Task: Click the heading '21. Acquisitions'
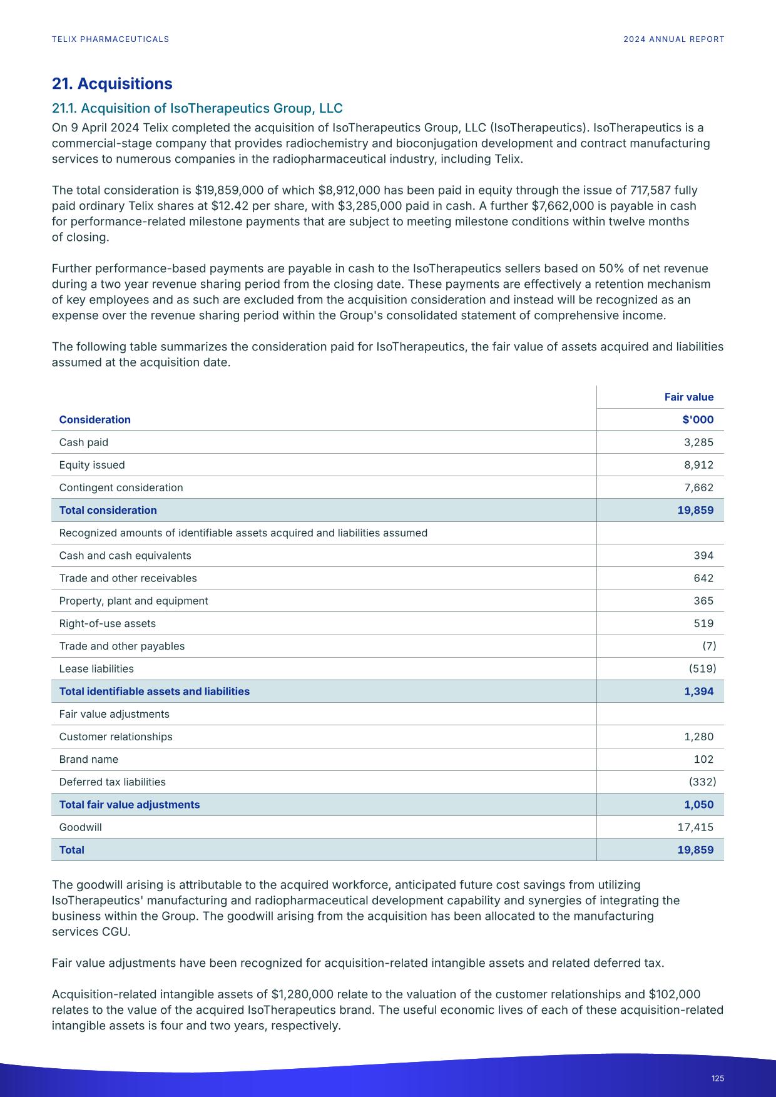[x=112, y=84]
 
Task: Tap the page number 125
[x=717, y=1078]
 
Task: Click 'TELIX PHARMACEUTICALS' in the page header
[x=110, y=39]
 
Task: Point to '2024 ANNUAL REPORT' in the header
[x=673, y=39]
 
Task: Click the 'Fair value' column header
[x=688, y=397]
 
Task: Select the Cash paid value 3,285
[x=698, y=442]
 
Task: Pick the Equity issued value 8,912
[x=698, y=465]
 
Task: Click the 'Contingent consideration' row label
[x=121, y=487]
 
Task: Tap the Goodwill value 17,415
[x=695, y=827]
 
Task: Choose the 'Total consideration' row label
[x=108, y=510]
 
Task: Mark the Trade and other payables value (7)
[x=708, y=646]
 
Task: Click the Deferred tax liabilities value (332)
[x=702, y=782]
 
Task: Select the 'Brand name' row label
[x=88, y=760]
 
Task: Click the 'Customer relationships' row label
[x=116, y=737]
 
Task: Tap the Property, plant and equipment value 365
[x=703, y=601]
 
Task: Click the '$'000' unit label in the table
[x=698, y=420]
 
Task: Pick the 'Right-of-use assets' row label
[x=107, y=623]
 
